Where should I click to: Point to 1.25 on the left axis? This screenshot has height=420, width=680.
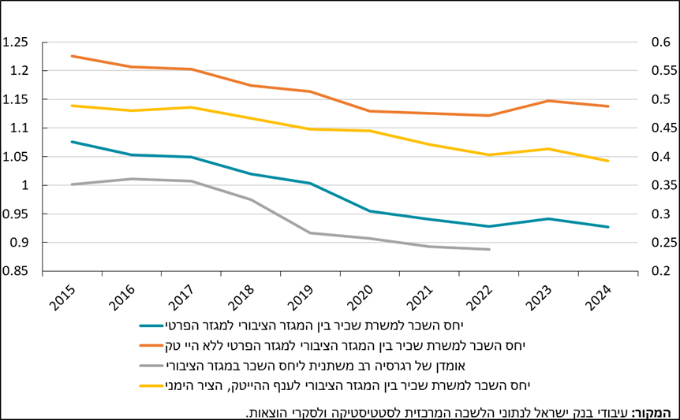click(15, 43)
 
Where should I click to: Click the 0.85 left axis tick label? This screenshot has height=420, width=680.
click(15, 271)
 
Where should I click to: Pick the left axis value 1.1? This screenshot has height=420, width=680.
click(19, 128)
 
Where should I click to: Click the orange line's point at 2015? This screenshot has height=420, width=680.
click(72, 56)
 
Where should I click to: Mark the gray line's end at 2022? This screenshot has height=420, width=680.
click(490, 250)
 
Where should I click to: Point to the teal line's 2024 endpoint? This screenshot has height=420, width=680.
click(608, 227)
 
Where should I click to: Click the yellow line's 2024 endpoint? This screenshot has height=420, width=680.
click(608, 161)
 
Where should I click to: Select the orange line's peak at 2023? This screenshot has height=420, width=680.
click(549, 101)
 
